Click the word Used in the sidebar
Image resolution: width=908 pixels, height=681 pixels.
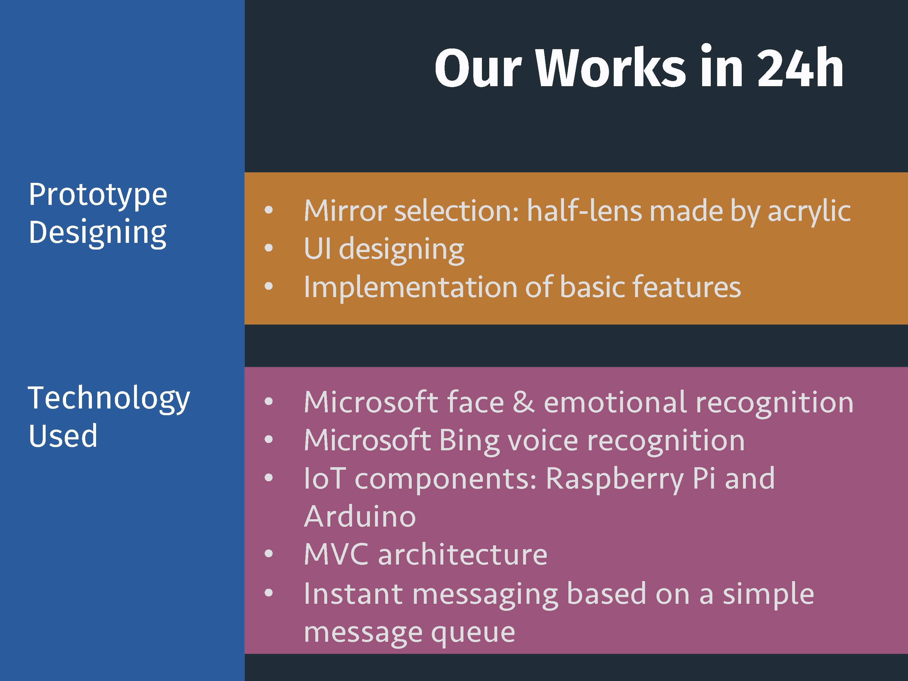tap(63, 436)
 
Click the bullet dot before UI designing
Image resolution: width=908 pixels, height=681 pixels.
tap(268, 248)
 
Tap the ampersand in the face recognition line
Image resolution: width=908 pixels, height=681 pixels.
tap(524, 401)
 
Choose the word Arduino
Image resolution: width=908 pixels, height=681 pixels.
tap(360, 516)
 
